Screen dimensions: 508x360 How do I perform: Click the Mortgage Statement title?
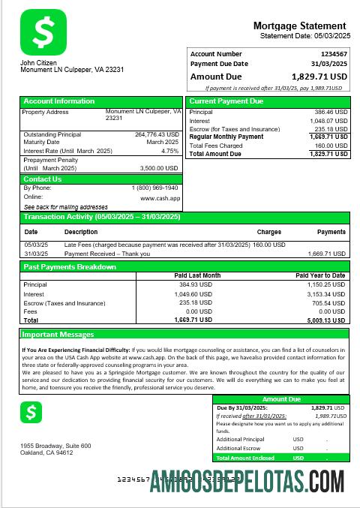point(299,26)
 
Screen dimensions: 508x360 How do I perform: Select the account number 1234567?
point(333,54)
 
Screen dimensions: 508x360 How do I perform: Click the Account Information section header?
point(59,101)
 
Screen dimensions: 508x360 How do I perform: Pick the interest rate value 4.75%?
point(170,151)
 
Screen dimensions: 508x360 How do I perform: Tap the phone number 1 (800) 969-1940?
point(155,188)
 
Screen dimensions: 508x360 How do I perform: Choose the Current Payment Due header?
point(226,101)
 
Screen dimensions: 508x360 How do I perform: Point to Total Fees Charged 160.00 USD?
point(331,146)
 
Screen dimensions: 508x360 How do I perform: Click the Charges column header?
point(268,232)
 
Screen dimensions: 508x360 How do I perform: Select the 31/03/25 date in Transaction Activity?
point(36,254)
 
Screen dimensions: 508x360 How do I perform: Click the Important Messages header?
point(58,335)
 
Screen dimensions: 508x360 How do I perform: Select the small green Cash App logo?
point(31,412)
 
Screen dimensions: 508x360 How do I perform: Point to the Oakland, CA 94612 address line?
point(46,452)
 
